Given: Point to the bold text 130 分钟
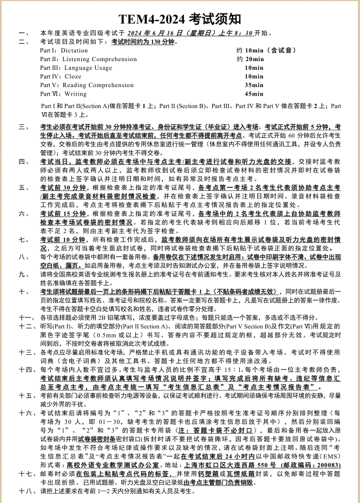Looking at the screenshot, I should [x=159, y=42].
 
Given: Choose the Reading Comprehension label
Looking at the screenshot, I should [x=98, y=85].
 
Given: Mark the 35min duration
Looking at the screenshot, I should [x=254, y=85].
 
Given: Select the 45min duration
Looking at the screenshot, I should [x=254, y=94].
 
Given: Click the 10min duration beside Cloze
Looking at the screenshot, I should [x=254, y=76].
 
